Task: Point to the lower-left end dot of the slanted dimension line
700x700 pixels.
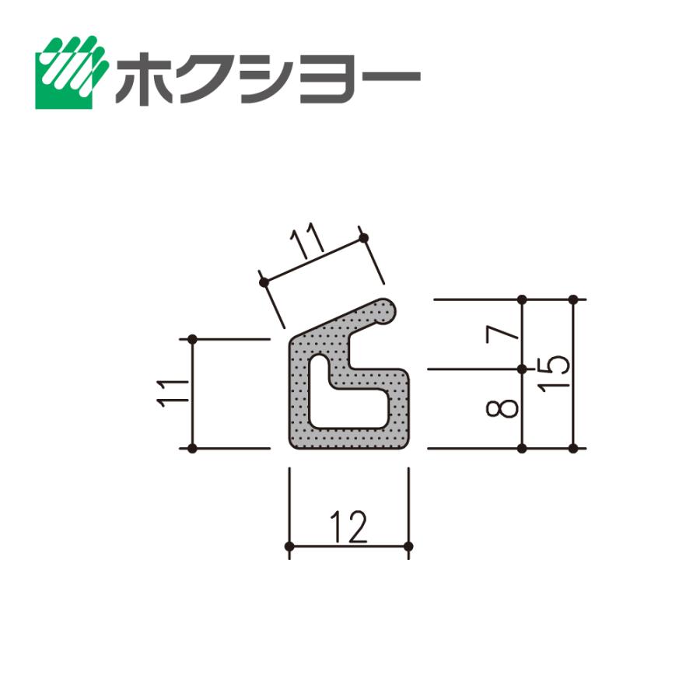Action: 263,282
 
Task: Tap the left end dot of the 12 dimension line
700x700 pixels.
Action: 289,547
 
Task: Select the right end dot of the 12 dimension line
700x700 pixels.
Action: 408,547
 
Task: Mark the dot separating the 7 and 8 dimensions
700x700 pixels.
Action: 522,369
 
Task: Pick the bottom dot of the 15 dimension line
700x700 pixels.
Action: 573,449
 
